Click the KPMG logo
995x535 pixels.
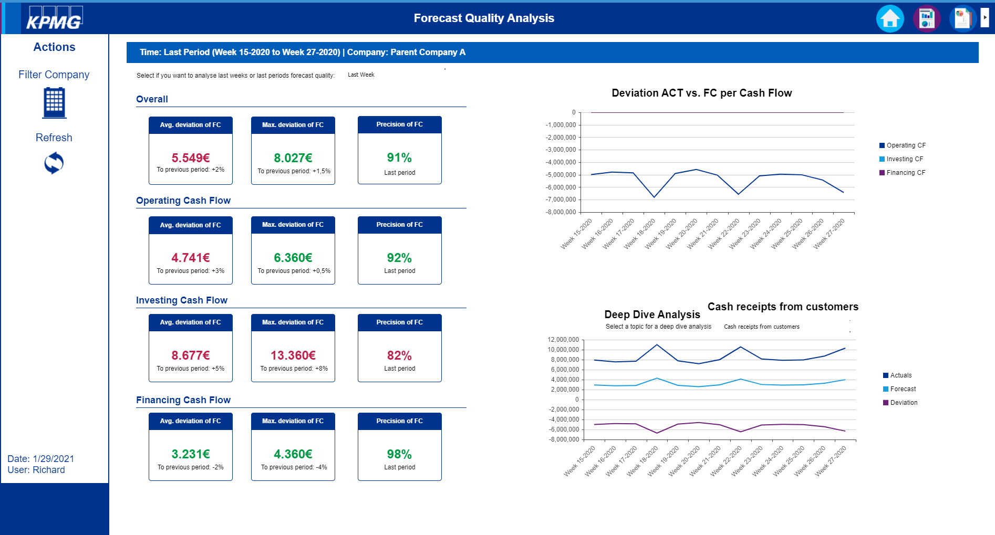[x=55, y=18]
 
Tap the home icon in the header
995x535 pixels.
[x=890, y=19]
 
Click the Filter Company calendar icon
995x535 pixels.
[x=54, y=102]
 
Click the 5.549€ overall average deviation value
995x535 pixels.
[x=191, y=158]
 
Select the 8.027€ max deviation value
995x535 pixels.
[x=293, y=158]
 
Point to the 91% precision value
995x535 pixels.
[x=399, y=158]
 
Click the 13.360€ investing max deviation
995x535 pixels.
[x=293, y=355]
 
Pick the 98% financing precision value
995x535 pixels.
[x=399, y=454]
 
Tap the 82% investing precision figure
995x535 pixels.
[x=399, y=355]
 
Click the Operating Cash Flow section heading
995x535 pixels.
[x=183, y=201]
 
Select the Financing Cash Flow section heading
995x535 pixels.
[x=183, y=400]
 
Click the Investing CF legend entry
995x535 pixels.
[x=904, y=159]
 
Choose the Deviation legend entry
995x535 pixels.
[x=903, y=403]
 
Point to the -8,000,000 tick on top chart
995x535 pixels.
[x=561, y=212]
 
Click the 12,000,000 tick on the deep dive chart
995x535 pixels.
[x=563, y=340]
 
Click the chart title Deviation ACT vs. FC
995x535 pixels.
[x=701, y=93]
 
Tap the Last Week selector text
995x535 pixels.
[x=361, y=75]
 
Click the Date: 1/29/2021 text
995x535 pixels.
[x=41, y=459]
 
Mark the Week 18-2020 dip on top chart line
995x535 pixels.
[x=654, y=197]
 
